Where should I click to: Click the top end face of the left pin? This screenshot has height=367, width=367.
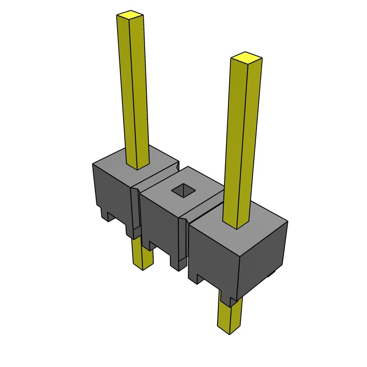[130, 15]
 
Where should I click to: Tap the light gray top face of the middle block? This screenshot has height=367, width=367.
[201, 186]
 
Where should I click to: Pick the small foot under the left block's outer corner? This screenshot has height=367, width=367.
[106, 215]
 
